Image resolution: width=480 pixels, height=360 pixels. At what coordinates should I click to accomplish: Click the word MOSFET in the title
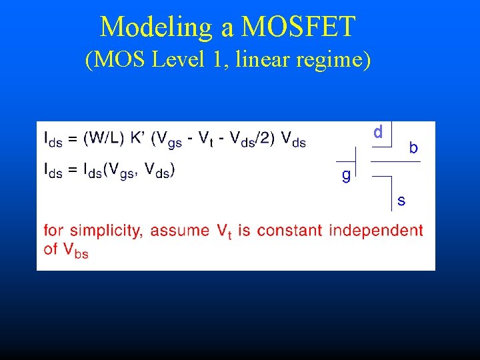point(299,27)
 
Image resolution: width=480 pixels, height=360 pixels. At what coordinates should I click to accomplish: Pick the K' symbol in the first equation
point(139,139)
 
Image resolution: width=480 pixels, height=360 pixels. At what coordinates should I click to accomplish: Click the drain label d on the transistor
point(378,133)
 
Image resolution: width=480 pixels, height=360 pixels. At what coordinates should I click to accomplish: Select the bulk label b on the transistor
point(413,148)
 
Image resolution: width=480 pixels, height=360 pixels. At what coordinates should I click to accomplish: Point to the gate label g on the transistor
point(345,176)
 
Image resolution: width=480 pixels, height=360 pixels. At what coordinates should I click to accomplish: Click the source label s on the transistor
point(401,200)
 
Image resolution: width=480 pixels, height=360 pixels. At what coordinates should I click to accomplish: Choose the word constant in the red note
point(289,231)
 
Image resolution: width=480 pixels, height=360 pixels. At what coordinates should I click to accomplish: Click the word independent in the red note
point(376,231)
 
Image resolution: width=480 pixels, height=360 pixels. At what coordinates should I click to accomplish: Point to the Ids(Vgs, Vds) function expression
point(129,171)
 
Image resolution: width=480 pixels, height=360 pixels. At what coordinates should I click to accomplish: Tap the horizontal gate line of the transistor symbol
point(346,161)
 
